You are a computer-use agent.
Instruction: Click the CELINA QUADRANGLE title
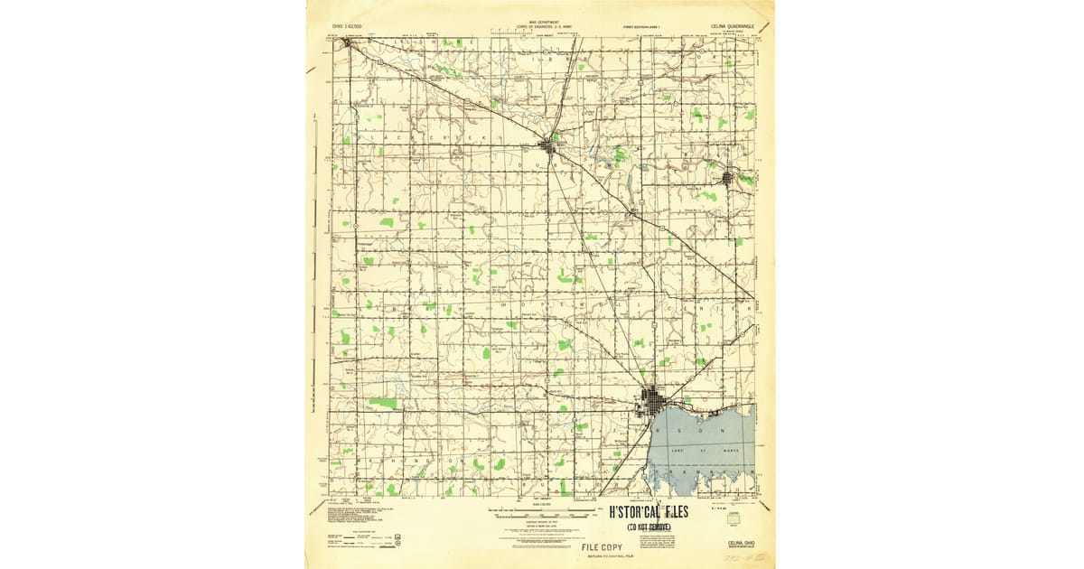(x=734, y=27)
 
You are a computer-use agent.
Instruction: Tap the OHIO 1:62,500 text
(x=347, y=28)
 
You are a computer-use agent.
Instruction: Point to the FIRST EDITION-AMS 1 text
(x=642, y=28)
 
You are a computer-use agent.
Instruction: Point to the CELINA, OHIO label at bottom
(x=734, y=544)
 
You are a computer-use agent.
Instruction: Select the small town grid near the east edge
(x=728, y=178)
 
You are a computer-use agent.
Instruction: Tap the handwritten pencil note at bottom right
(x=743, y=560)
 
